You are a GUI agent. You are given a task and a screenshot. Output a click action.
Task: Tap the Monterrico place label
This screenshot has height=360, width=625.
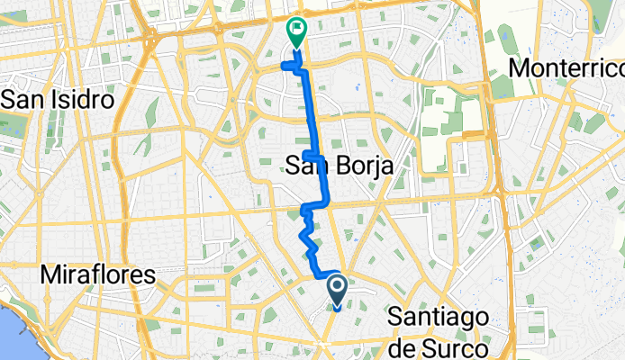pyautogui.click(x=566, y=68)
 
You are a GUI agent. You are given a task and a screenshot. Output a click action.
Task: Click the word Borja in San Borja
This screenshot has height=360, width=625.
pyautogui.click(x=351, y=165)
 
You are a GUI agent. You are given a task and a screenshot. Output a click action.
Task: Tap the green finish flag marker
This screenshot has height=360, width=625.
pyautogui.click(x=295, y=31)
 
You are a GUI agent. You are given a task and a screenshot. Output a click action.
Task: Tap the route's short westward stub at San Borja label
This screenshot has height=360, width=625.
pyautogui.click(x=309, y=156)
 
